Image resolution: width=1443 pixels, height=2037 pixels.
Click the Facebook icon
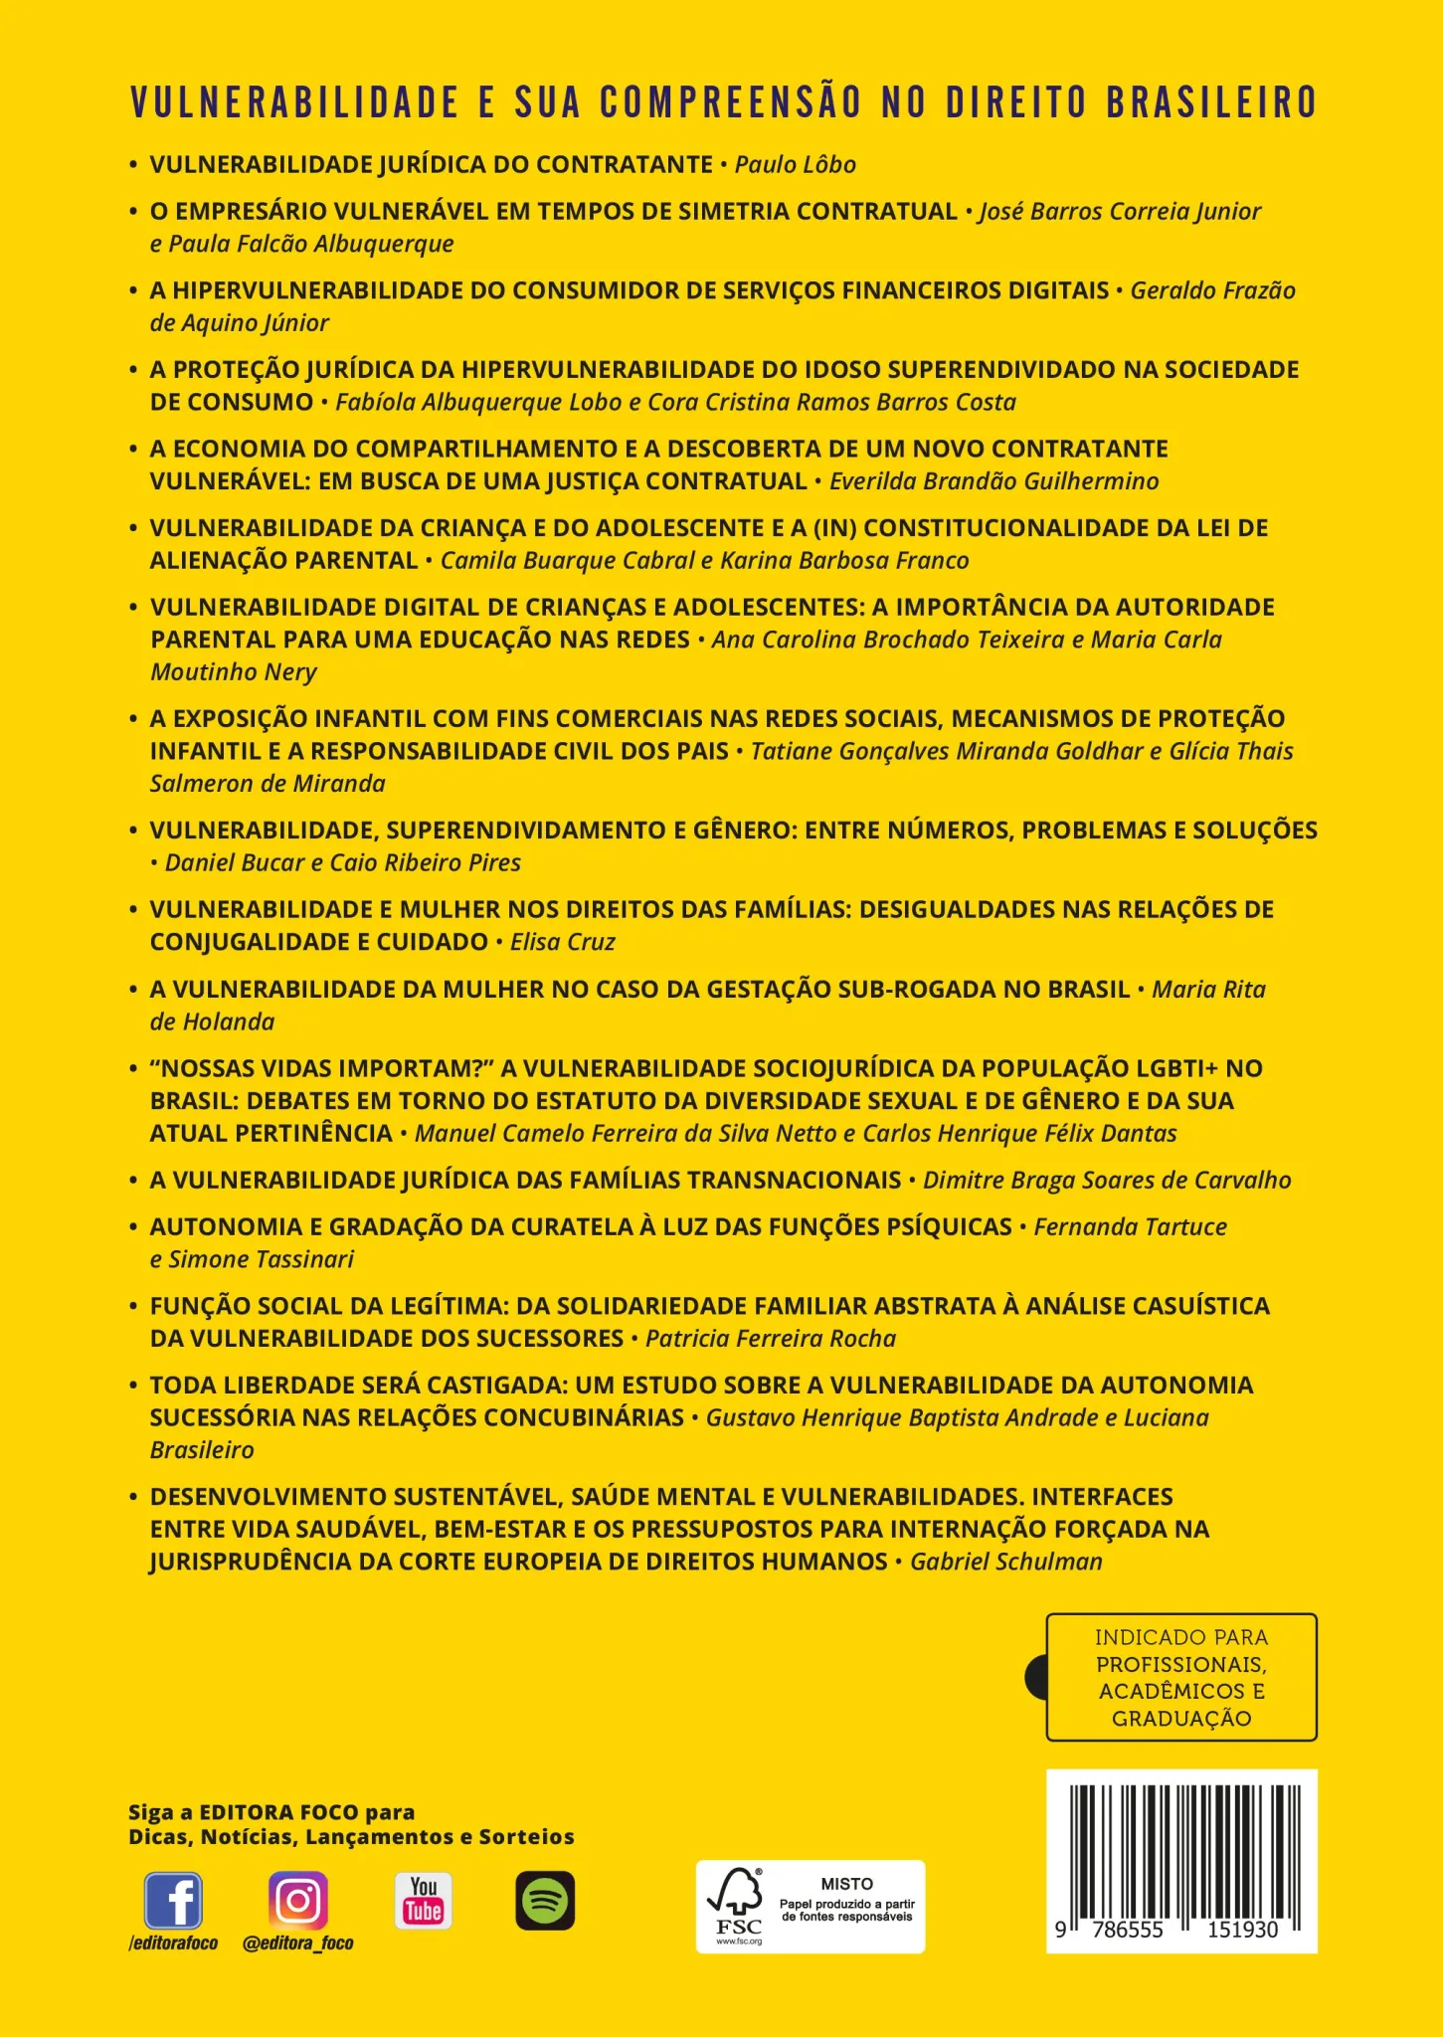point(173,1901)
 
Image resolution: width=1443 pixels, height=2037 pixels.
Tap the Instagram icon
point(298,1901)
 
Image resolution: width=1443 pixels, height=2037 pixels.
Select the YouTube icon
point(423,1901)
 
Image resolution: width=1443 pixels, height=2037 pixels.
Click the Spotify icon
point(545,1901)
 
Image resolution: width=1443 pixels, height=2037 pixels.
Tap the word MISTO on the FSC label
point(847,1884)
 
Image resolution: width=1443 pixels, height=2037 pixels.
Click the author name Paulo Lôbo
point(795,164)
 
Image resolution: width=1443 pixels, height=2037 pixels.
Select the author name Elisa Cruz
point(562,942)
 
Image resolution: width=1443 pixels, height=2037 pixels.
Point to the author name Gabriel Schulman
point(1006,1562)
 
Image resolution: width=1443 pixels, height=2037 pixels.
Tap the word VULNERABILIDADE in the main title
point(294,103)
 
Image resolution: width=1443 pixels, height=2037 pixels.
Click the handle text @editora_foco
point(298,1943)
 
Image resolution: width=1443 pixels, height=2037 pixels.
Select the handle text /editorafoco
point(173,1943)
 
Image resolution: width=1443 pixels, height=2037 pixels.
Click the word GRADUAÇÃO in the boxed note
point(1181,1719)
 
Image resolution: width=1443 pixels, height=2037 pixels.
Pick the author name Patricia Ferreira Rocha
point(771,1339)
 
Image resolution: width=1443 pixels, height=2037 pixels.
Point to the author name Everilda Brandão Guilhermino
point(993,481)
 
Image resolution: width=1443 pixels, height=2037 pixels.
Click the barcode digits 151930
point(1242,1930)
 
